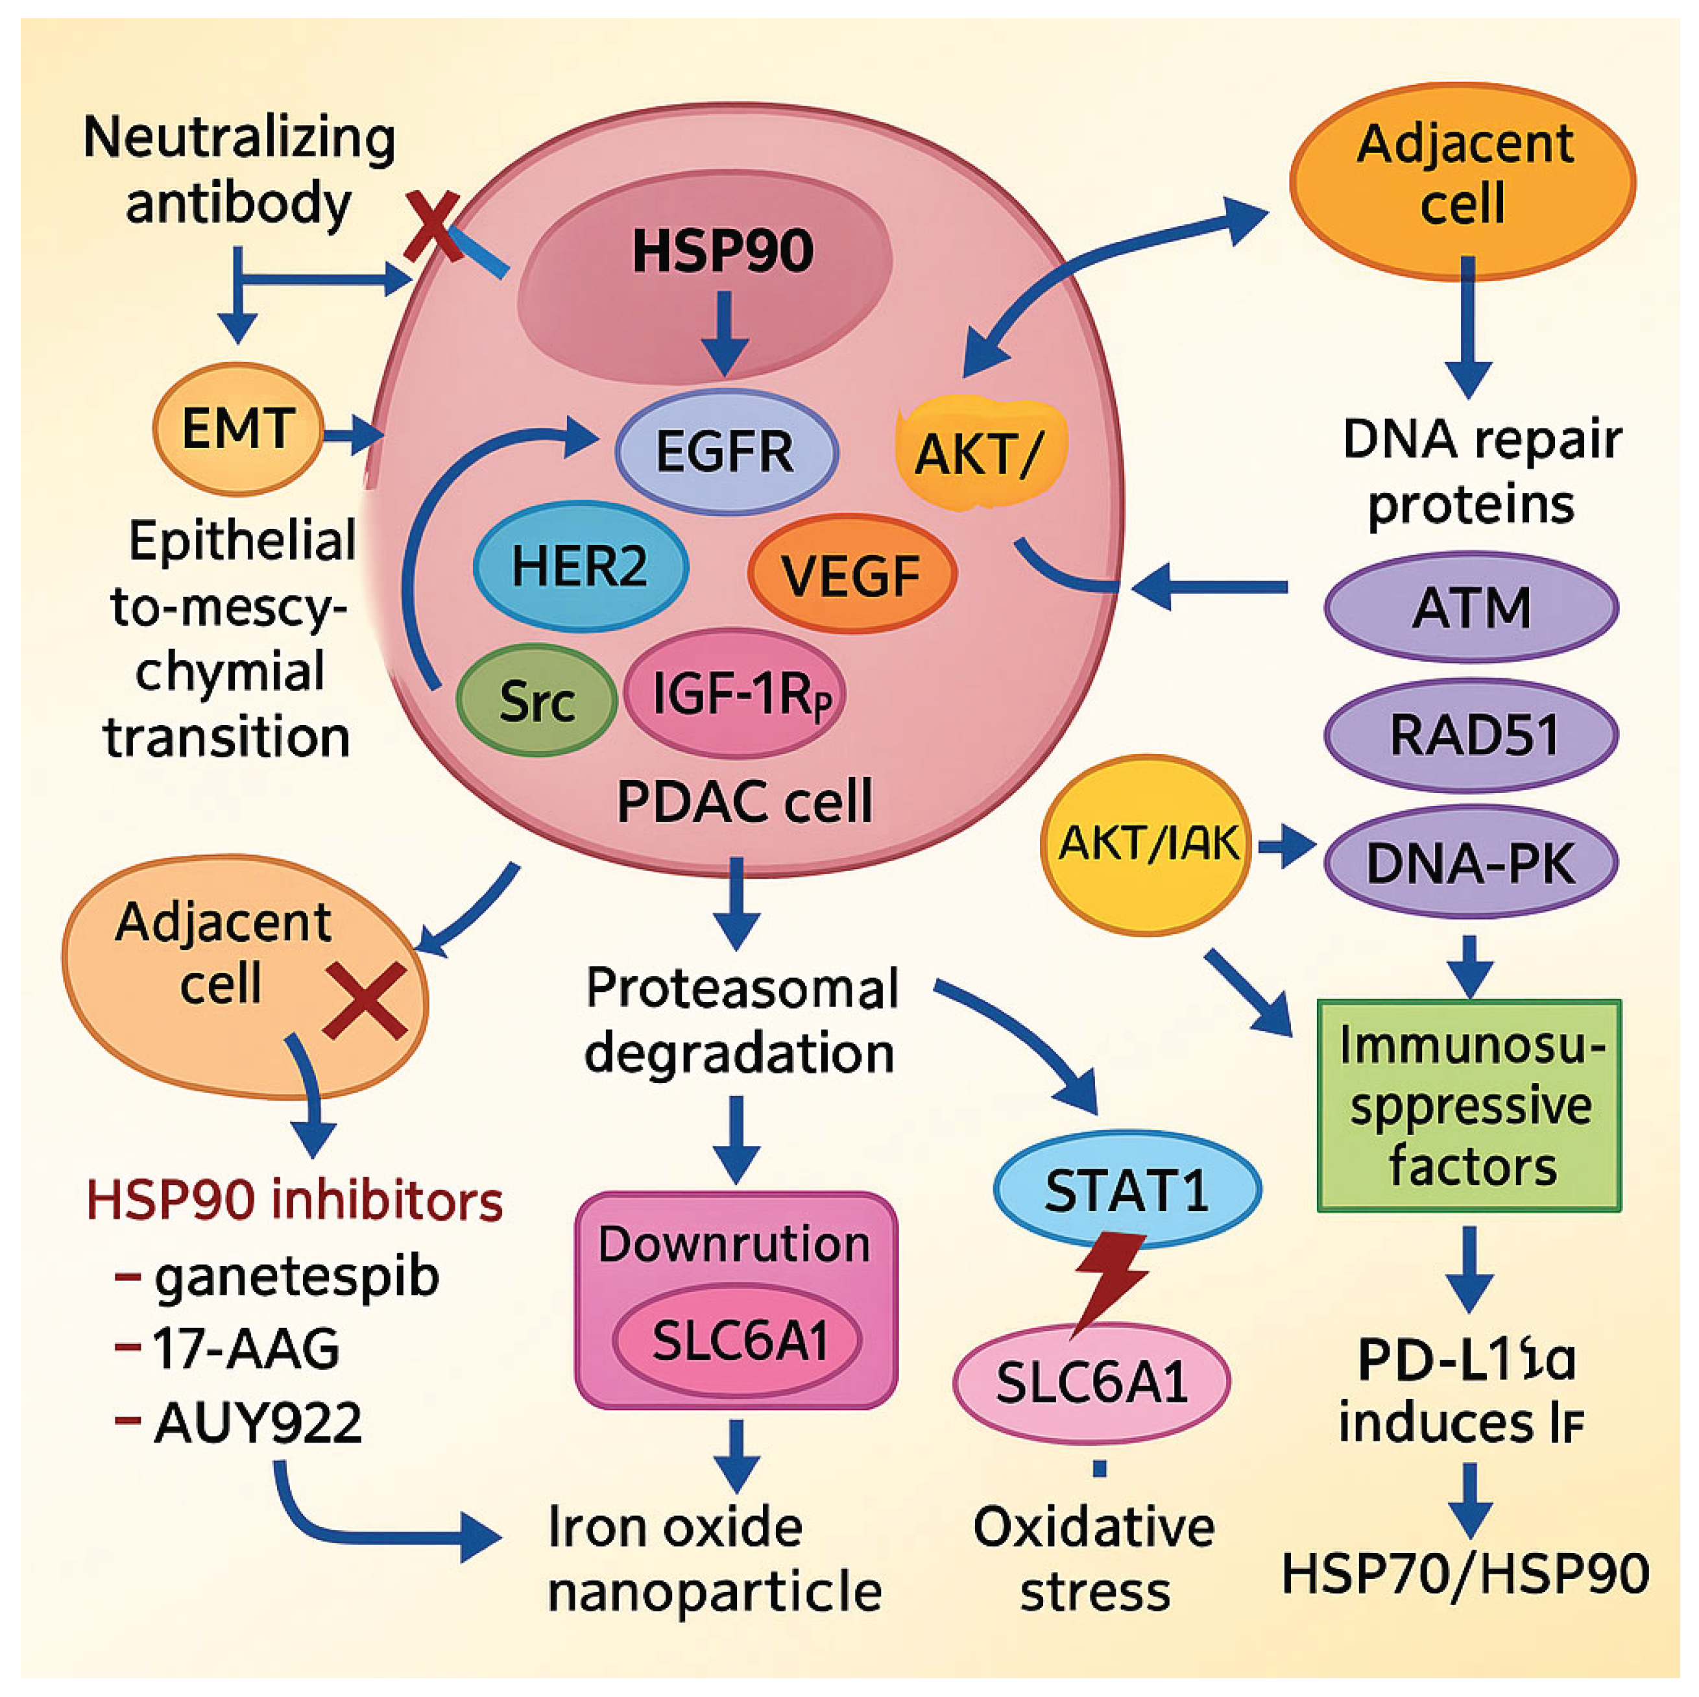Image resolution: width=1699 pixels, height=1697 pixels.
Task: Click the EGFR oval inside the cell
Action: pyautogui.click(x=725, y=451)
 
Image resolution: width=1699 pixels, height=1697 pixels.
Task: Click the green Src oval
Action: pyautogui.click(x=536, y=701)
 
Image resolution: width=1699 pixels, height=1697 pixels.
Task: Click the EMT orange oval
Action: pyautogui.click(x=237, y=428)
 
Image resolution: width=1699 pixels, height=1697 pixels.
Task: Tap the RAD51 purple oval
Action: pyautogui.click(x=1471, y=735)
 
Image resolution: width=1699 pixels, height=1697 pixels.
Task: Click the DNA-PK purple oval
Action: pyautogui.click(x=1471, y=863)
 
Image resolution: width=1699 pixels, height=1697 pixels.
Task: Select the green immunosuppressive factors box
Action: pyautogui.click(x=1469, y=1105)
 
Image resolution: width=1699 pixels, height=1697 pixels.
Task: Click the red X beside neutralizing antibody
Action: pyautogui.click(x=433, y=227)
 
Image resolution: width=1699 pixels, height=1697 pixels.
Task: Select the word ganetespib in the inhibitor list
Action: pyautogui.click(x=296, y=1276)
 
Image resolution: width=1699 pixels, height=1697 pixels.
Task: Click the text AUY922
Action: pyautogui.click(x=257, y=1422)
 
